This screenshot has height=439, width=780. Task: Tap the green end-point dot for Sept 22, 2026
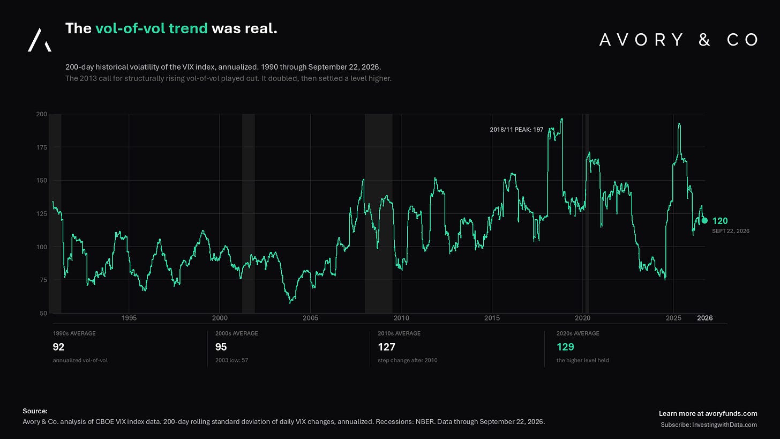[x=704, y=220]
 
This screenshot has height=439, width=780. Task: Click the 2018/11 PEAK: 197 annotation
[x=516, y=130]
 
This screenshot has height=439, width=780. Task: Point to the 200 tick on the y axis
[x=41, y=114]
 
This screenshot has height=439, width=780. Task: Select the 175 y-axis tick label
[x=41, y=147]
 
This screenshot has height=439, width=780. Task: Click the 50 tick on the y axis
[x=43, y=313]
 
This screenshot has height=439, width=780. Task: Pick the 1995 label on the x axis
[x=129, y=318]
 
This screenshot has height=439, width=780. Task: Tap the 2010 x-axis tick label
[x=401, y=318]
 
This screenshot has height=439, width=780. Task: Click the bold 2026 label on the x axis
[x=705, y=318]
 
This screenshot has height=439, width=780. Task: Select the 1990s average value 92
[x=58, y=347]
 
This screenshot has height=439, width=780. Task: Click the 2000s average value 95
[x=221, y=347]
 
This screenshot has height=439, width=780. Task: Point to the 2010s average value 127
[x=387, y=347]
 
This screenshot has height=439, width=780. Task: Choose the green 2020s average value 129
[x=565, y=347]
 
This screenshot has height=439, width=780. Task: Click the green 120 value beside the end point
[x=720, y=221]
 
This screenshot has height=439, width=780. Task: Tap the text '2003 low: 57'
[x=231, y=360]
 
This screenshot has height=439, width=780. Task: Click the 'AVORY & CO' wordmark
[x=679, y=40]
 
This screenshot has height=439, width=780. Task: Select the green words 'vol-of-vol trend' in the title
[x=152, y=28]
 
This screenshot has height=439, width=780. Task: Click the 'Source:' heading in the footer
[x=35, y=411]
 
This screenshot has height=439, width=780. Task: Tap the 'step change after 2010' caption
[x=407, y=360]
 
